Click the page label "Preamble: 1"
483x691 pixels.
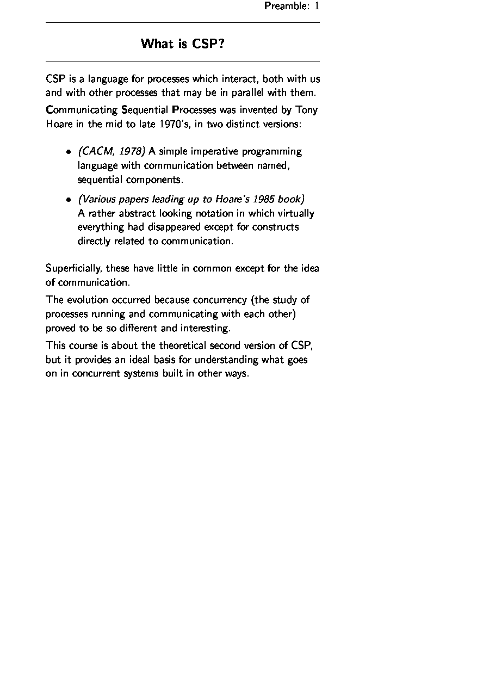pyautogui.click(x=292, y=6)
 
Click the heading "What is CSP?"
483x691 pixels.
pyautogui.click(x=182, y=44)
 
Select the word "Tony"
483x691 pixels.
pyautogui.click(x=306, y=110)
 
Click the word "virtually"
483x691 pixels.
pyautogui.click(x=296, y=213)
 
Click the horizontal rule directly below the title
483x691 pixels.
pyautogui.click(x=182, y=61)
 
